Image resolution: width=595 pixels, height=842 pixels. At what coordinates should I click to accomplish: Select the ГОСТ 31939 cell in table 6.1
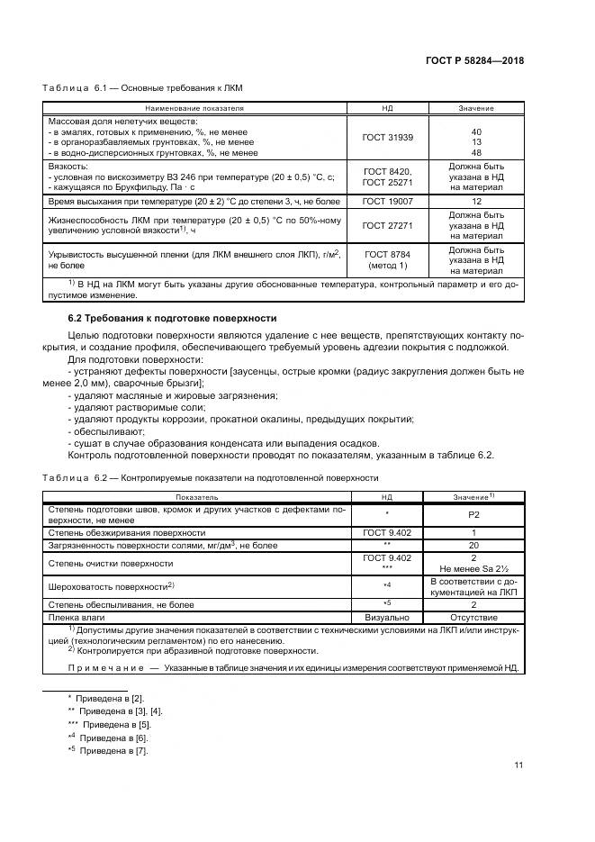pyautogui.click(x=386, y=140)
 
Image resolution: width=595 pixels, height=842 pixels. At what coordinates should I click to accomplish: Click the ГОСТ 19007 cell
pyautogui.click(x=386, y=203)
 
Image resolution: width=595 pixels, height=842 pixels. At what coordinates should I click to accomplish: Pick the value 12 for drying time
pyautogui.click(x=475, y=203)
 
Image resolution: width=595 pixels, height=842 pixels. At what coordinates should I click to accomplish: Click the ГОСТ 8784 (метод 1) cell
pyautogui.click(x=386, y=259)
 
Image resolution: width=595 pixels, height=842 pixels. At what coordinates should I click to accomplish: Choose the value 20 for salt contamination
pyautogui.click(x=475, y=545)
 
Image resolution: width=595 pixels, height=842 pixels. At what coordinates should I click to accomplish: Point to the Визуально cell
pyautogui.click(x=386, y=618)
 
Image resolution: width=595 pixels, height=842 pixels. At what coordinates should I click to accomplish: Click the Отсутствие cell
pyautogui.click(x=475, y=618)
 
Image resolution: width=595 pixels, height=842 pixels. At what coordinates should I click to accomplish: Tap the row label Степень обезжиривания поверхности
pyautogui.click(x=113, y=532)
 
